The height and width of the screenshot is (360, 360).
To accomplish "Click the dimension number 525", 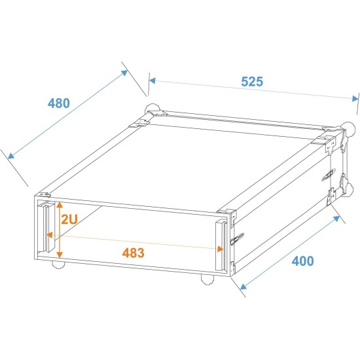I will click(x=251, y=82).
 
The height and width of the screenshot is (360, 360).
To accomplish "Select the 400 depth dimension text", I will click(x=302, y=261).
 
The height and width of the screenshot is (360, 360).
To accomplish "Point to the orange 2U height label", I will click(x=69, y=219).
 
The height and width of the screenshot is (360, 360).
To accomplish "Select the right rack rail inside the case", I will click(x=221, y=246).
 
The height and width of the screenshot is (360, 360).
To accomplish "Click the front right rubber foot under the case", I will click(x=207, y=280).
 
